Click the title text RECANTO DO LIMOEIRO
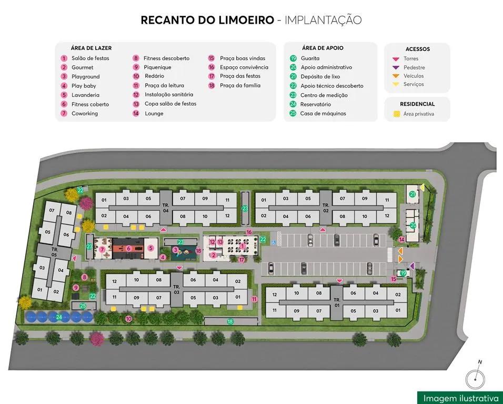click(207, 21)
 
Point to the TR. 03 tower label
click(176, 289)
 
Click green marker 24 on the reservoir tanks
click(59, 317)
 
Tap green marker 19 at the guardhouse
click(403, 273)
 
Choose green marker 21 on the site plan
click(413, 194)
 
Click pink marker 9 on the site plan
click(76, 288)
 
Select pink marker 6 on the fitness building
click(128, 248)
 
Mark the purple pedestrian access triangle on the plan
click(412, 265)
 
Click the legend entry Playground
click(85, 76)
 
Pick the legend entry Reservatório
click(316, 104)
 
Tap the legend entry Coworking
click(85, 113)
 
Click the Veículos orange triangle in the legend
click(396, 76)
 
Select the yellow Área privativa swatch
click(397, 114)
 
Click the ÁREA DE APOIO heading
click(323, 48)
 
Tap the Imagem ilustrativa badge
click(460, 398)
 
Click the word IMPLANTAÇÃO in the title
click(323, 21)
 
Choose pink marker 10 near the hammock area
click(128, 319)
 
